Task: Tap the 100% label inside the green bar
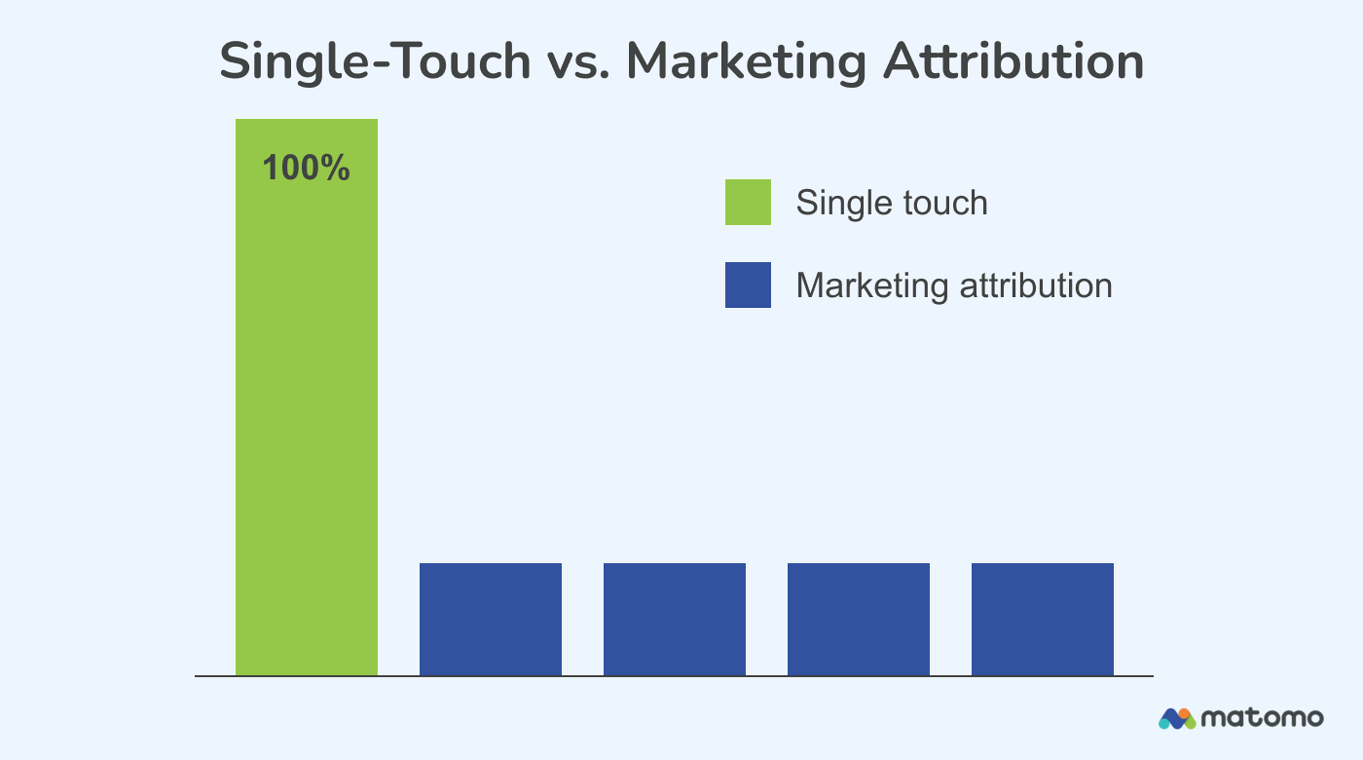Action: point(306,169)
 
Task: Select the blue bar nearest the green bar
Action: point(490,619)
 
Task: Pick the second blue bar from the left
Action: point(674,619)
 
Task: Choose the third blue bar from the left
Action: point(858,619)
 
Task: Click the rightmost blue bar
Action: point(1042,619)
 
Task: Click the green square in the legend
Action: point(748,202)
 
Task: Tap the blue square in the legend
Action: point(748,285)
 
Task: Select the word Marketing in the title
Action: point(746,62)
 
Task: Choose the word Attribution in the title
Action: point(1013,62)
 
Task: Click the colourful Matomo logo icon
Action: point(1176,719)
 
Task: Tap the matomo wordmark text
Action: point(1262,719)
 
